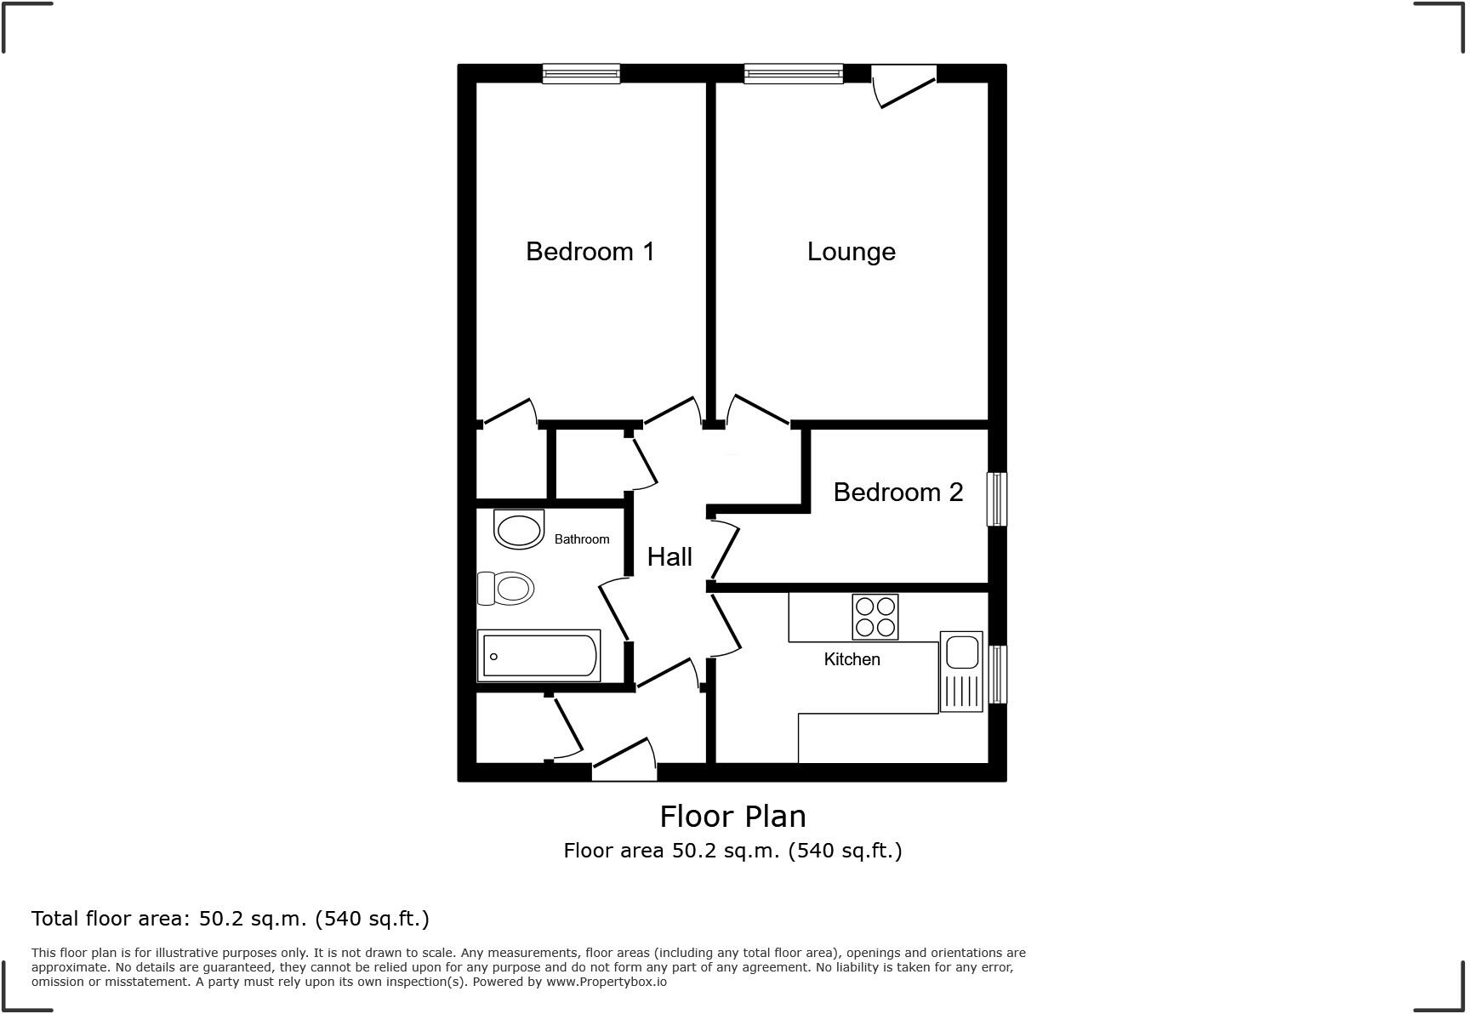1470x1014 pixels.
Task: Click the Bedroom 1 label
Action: click(x=590, y=252)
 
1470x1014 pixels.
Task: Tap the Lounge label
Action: click(x=851, y=252)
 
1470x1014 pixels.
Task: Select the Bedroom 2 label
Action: click(x=897, y=493)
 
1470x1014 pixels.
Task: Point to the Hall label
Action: click(x=669, y=557)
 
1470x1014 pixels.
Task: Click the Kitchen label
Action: click(x=852, y=659)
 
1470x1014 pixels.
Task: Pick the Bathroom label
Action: click(x=582, y=539)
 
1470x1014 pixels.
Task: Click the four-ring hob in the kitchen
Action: click(x=875, y=617)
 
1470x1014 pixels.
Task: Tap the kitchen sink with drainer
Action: click(x=961, y=671)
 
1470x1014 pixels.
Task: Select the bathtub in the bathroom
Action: click(x=539, y=656)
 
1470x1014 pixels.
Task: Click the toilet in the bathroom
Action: click(x=506, y=588)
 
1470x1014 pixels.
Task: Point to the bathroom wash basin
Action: click(x=519, y=531)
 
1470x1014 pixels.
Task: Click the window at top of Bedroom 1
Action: click(x=582, y=75)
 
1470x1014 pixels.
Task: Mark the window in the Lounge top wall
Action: click(x=793, y=75)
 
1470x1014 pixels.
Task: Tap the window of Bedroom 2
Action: click(x=997, y=499)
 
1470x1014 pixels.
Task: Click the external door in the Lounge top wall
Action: click(x=904, y=85)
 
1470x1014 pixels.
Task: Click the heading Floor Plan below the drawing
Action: click(x=732, y=817)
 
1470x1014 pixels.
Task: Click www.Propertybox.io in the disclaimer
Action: click(x=607, y=982)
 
